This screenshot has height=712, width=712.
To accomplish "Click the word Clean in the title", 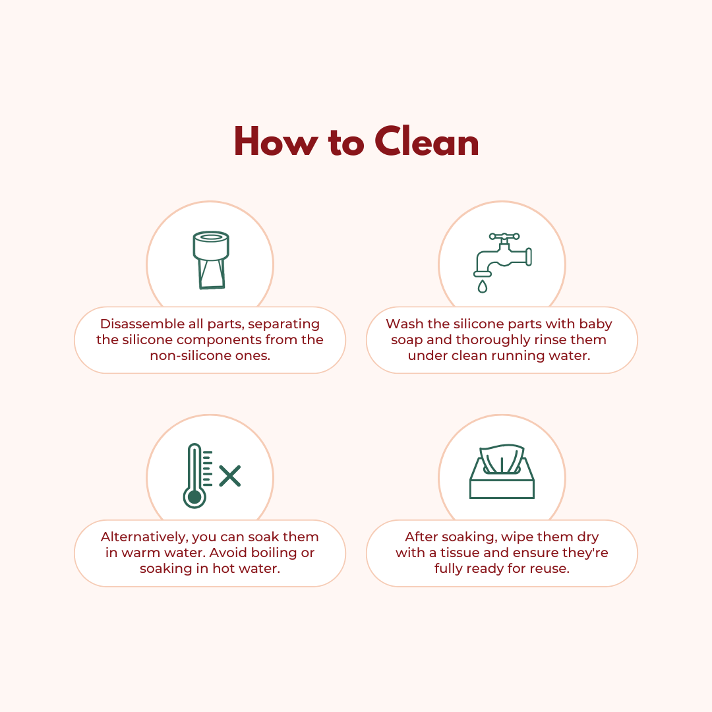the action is [x=427, y=141].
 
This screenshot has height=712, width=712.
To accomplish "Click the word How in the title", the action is [x=276, y=141].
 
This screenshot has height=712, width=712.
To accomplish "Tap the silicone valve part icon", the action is [x=211, y=260].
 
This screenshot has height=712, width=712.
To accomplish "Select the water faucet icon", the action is [x=502, y=263].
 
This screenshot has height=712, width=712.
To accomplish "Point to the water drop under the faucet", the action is [x=482, y=287].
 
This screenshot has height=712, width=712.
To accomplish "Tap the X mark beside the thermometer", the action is [x=230, y=476].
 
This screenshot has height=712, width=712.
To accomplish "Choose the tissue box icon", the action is [x=502, y=471].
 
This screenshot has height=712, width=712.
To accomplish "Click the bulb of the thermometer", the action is [x=194, y=497].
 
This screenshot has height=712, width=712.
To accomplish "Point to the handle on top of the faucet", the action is [x=504, y=236].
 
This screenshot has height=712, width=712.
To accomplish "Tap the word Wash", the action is [x=405, y=324].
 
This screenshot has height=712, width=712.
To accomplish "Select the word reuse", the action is [x=552, y=568].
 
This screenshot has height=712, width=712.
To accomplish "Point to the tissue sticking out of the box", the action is [x=502, y=459].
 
